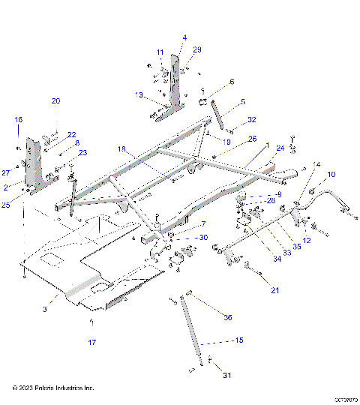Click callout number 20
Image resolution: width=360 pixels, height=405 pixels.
point(55,101)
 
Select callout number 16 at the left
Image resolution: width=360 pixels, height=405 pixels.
point(19,119)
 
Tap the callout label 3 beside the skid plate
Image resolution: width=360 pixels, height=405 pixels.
point(44,308)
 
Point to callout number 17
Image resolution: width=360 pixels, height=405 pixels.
point(92,342)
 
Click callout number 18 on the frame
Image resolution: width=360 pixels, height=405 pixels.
point(121,150)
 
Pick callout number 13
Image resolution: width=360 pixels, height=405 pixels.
point(139,95)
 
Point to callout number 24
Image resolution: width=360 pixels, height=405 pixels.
point(280,148)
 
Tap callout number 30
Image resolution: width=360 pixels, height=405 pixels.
point(203,238)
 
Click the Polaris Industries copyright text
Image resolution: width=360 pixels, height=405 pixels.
point(53,388)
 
